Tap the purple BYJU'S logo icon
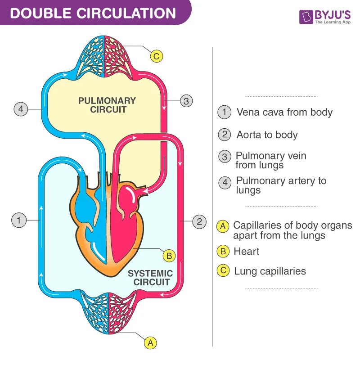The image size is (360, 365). [x=306, y=18]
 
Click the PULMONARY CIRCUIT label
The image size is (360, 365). [x=107, y=105]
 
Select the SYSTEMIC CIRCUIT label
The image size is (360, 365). [x=151, y=278]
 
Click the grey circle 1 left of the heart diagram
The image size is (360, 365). [x=18, y=221]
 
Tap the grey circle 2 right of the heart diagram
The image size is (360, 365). [x=199, y=221]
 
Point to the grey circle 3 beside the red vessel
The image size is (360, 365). [x=186, y=101]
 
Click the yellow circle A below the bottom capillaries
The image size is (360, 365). [x=151, y=342]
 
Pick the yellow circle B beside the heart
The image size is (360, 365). [x=169, y=256]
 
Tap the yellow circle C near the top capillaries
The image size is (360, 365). [x=156, y=56]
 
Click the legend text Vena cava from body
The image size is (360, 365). [x=284, y=112]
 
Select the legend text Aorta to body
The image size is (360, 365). [x=267, y=135]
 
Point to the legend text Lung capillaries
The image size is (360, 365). [x=270, y=271]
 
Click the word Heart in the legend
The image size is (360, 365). [x=247, y=251]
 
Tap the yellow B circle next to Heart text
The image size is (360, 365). [x=223, y=251]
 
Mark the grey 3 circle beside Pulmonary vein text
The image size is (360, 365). [x=224, y=157]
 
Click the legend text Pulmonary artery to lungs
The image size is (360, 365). [x=281, y=185]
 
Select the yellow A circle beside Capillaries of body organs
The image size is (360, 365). [x=223, y=226]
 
